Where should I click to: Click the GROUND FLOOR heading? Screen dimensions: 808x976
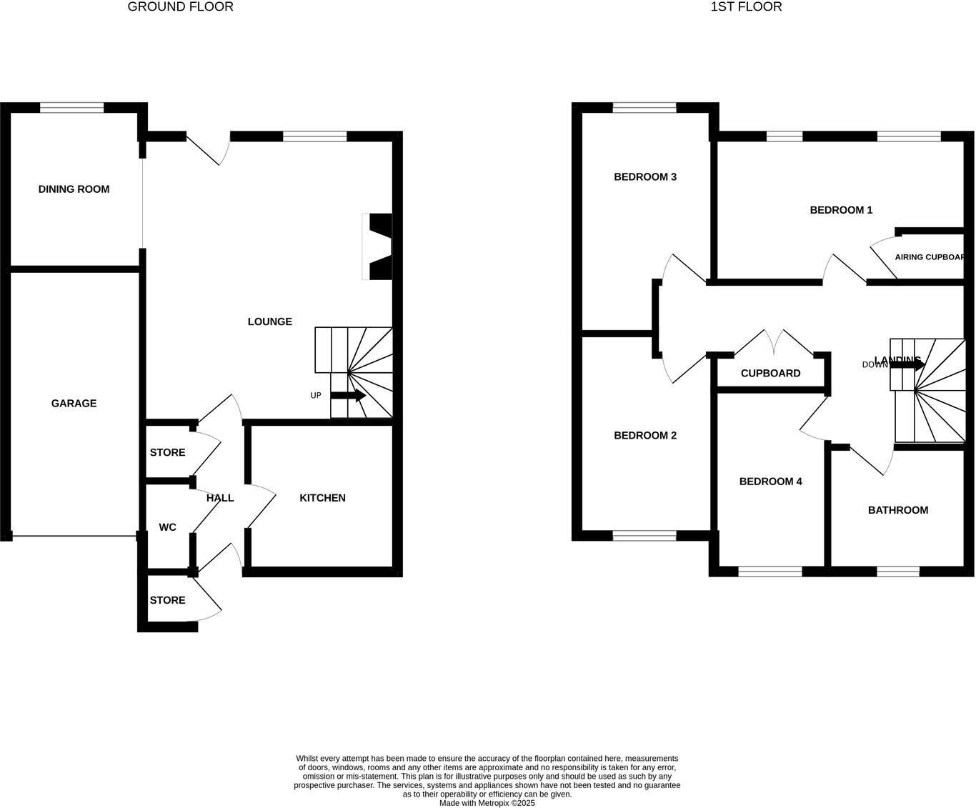point(180,7)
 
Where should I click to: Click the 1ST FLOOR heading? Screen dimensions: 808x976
point(746,7)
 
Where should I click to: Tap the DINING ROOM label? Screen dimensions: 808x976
point(74,189)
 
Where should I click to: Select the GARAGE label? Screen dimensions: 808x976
point(74,404)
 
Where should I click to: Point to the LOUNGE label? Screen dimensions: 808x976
point(269,321)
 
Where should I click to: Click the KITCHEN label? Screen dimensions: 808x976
point(322,498)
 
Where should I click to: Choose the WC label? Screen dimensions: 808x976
point(167,527)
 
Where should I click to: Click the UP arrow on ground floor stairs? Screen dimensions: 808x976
point(348,395)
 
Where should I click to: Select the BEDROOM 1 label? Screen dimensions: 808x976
point(841,210)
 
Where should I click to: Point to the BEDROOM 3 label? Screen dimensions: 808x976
point(645,177)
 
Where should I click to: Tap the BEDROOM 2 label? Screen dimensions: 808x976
point(645,436)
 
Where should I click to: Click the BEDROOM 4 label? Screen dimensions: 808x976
point(770,482)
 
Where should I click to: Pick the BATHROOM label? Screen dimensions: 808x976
point(898,510)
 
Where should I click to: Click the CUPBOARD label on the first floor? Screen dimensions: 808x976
point(770,373)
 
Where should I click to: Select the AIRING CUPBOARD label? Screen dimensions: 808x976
point(930,257)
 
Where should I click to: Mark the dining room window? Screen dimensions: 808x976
point(71,108)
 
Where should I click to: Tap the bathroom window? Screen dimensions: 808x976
point(898,572)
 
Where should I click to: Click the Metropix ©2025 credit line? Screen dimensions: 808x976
point(487,803)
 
